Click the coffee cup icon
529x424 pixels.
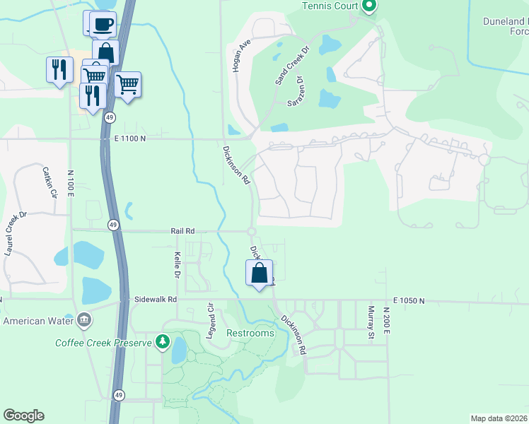(103, 23)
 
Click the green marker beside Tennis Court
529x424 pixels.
(368, 6)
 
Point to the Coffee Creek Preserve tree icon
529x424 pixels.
(163, 343)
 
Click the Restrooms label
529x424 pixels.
(250, 333)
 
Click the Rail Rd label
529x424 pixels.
(182, 230)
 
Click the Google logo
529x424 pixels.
(23, 416)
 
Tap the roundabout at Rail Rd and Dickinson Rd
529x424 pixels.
(251, 231)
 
